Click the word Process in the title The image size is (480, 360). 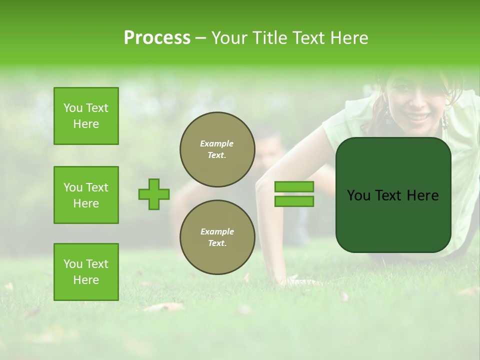tap(157, 38)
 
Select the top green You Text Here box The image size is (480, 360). tap(86, 116)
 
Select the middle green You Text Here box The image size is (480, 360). tap(86, 195)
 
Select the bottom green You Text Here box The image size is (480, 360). tap(86, 272)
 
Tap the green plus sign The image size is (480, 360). tap(154, 194)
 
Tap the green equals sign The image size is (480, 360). tap(294, 194)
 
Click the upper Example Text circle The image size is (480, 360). tap(217, 149)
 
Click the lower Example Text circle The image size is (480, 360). tap(217, 237)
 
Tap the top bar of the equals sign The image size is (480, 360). tap(294, 187)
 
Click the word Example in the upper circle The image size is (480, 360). tap(217, 144)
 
